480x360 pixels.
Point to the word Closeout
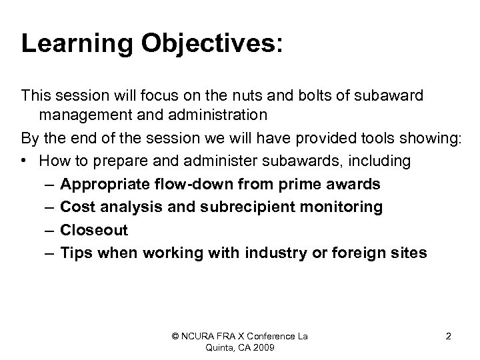94,230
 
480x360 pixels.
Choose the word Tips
75,253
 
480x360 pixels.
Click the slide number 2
448,336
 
